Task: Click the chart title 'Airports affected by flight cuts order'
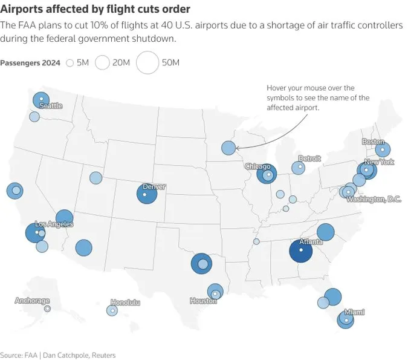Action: (95, 9)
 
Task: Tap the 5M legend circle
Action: (70, 62)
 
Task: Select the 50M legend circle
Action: (147, 62)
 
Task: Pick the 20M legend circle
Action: (102, 62)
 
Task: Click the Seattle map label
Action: (50, 106)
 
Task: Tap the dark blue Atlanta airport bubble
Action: (300, 250)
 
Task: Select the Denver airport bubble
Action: (146, 194)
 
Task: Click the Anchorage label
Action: (32, 300)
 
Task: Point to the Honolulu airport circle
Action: (112, 310)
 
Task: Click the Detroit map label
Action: (309, 159)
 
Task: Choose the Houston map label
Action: (202, 301)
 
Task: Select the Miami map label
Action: (354, 312)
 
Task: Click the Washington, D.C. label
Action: (374, 199)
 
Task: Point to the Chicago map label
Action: (257, 166)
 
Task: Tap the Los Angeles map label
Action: (54, 224)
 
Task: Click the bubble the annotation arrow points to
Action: (228, 148)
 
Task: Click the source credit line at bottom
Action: (57, 355)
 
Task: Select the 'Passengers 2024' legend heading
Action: (30, 63)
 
